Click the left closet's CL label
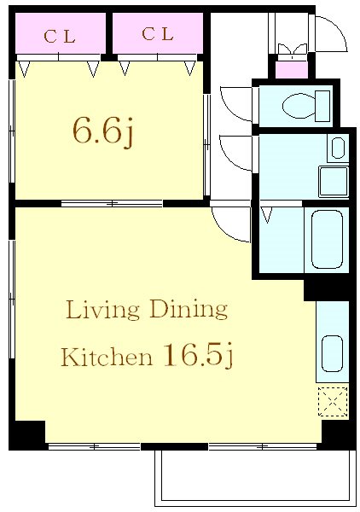click(60, 36)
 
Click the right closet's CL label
click(157, 34)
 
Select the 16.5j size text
click(199, 354)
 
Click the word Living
click(103, 311)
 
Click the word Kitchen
click(107, 357)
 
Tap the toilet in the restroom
click(305, 106)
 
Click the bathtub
click(327, 239)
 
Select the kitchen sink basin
click(332, 353)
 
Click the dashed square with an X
click(333, 402)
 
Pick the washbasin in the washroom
click(338, 148)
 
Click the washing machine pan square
click(334, 181)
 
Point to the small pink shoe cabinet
click(292, 70)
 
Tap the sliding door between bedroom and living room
click(112, 204)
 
